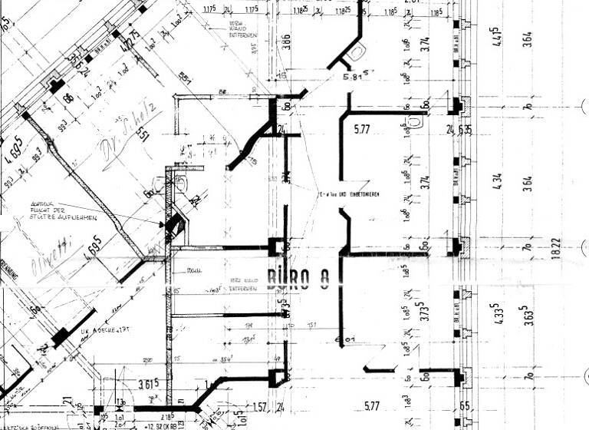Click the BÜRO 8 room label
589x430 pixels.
pyautogui.click(x=298, y=279)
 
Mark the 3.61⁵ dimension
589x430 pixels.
pyautogui.click(x=146, y=383)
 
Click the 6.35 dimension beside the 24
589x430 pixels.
pyautogui.click(x=464, y=130)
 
